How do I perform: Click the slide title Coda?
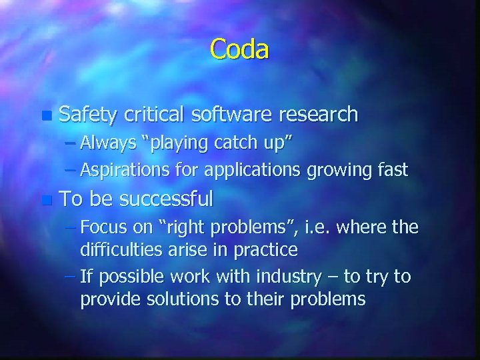pos(239,50)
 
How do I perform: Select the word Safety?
pos(87,115)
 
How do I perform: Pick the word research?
pos(318,115)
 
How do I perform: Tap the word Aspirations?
pos(119,170)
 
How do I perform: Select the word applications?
pos(251,170)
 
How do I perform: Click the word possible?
pos(129,276)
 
